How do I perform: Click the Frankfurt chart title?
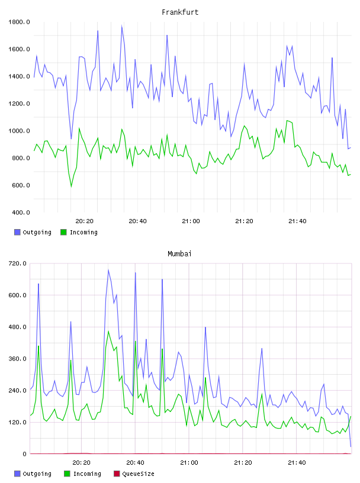tap(180, 12)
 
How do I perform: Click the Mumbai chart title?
tap(179, 254)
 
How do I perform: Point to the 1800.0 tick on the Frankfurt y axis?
tap(19, 22)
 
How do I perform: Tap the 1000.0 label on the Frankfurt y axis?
tap(19, 131)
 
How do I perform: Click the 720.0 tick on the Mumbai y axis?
tap(17, 263)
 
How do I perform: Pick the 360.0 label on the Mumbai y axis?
tap(17, 359)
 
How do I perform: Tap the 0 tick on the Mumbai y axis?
tap(24, 454)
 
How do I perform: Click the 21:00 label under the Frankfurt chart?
tap(191, 221)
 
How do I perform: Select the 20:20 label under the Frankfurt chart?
tap(85, 221)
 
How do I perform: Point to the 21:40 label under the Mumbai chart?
tap(297, 463)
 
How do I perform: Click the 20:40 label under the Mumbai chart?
tap(135, 463)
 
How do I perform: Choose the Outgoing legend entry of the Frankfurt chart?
tap(33, 232)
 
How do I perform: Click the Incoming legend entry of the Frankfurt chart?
tap(79, 232)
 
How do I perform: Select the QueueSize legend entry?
tap(134, 474)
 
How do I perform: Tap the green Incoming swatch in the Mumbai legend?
tap(67, 474)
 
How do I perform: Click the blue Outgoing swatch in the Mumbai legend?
tap(17, 474)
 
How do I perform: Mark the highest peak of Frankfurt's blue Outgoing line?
tap(122, 26)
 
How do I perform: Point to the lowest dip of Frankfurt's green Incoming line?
tap(71, 186)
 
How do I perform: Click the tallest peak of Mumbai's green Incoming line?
tap(108, 331)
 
